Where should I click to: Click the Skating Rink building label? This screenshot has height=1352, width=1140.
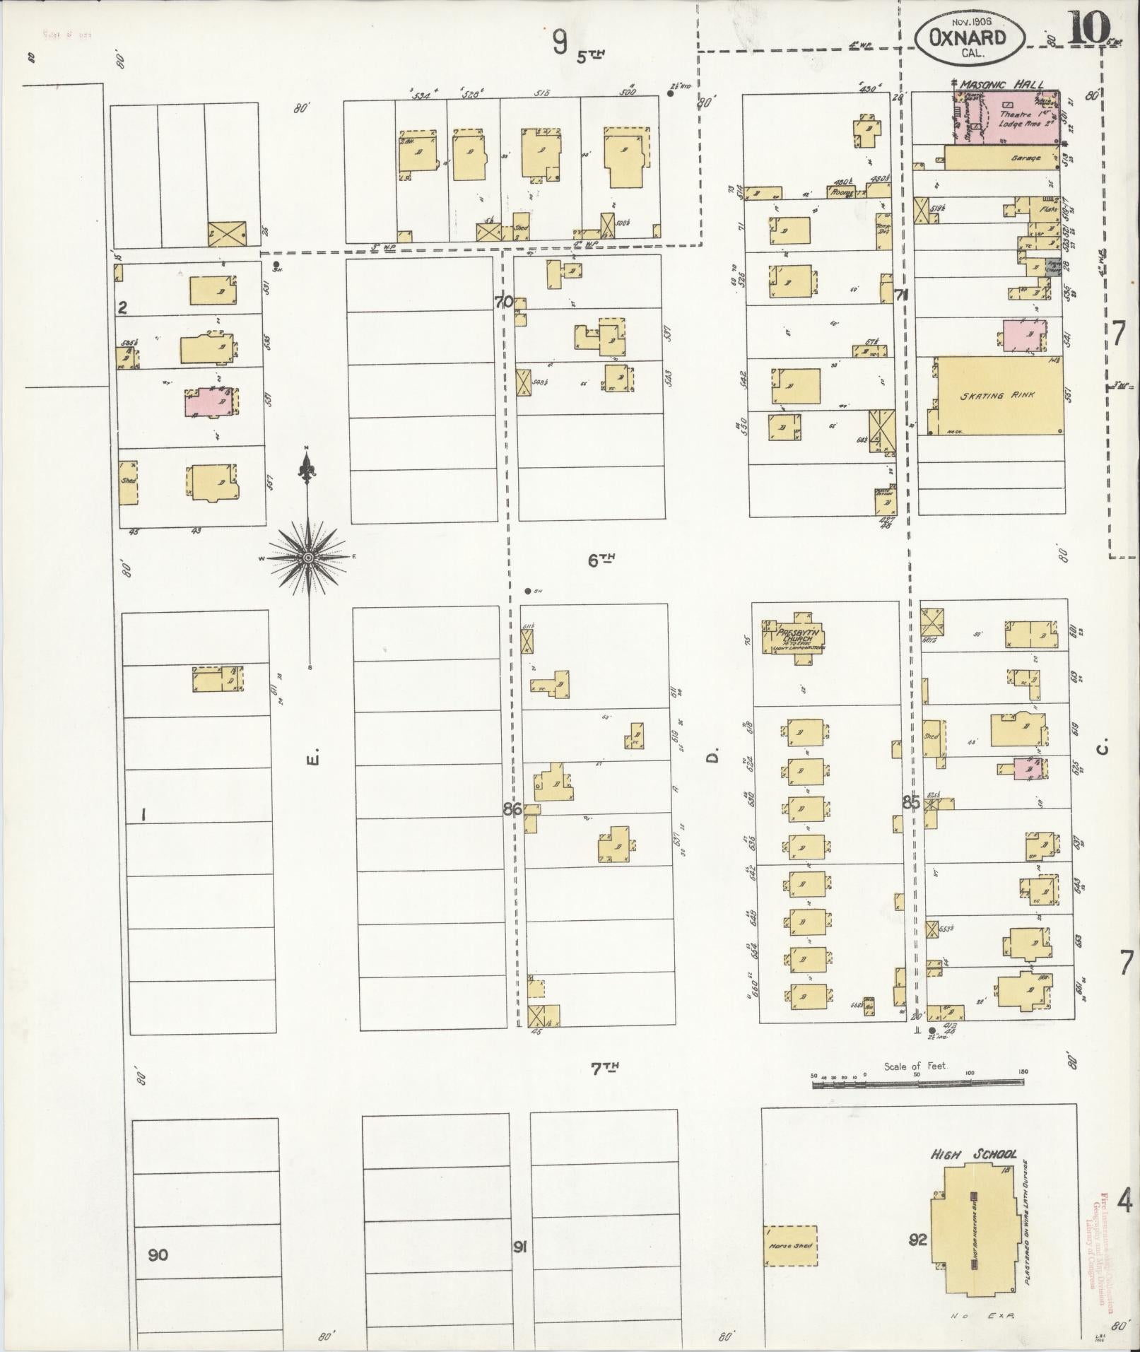coord(997,395)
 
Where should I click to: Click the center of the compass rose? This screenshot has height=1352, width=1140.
coord(307,558)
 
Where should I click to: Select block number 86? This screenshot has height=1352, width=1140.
coord(512,809)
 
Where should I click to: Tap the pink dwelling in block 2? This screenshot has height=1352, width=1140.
coord(209,402)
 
